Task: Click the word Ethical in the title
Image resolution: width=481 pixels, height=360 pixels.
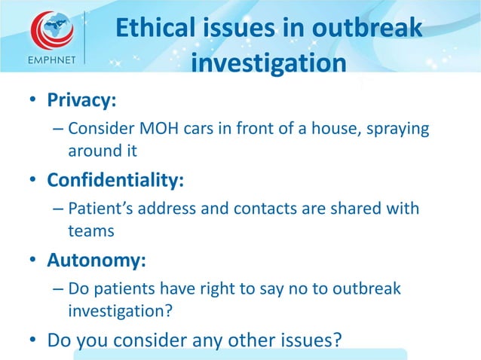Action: (x=157, y=29)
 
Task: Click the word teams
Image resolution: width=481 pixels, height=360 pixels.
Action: (x=90, y=230)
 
